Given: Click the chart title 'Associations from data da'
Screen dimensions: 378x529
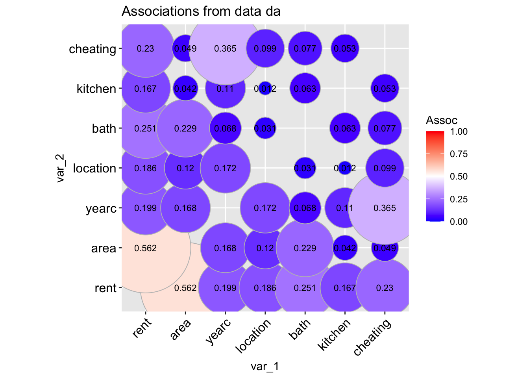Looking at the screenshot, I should (201, 11).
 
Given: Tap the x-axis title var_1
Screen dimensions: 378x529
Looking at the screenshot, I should (265, 367).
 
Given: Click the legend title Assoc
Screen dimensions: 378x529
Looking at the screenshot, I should (442, 120).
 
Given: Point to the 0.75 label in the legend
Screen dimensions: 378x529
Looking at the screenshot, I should (459, 154).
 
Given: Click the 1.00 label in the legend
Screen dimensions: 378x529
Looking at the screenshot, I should (459, 132).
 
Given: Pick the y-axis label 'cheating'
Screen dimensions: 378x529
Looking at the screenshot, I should (92, 49).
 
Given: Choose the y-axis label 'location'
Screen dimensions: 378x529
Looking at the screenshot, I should (94, 168).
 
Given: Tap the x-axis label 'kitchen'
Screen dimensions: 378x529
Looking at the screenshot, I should (335, 335).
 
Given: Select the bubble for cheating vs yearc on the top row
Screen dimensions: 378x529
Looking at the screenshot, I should (225, 49).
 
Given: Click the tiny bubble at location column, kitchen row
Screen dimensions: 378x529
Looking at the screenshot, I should (265, 89).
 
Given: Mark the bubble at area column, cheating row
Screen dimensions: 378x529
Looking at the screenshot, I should (185, 49).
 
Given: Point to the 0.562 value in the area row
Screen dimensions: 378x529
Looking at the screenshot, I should (146, 248).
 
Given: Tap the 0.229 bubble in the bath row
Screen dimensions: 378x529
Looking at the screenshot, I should (185, 128).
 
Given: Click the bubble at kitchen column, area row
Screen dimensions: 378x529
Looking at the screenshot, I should (345, 248).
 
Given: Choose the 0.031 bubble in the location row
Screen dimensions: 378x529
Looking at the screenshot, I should (305, 168).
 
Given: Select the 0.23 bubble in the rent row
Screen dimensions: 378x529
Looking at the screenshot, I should (385, 288).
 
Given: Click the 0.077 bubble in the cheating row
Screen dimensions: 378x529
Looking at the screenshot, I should (305, 49).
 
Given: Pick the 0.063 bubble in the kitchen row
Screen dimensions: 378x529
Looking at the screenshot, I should (305, 89).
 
